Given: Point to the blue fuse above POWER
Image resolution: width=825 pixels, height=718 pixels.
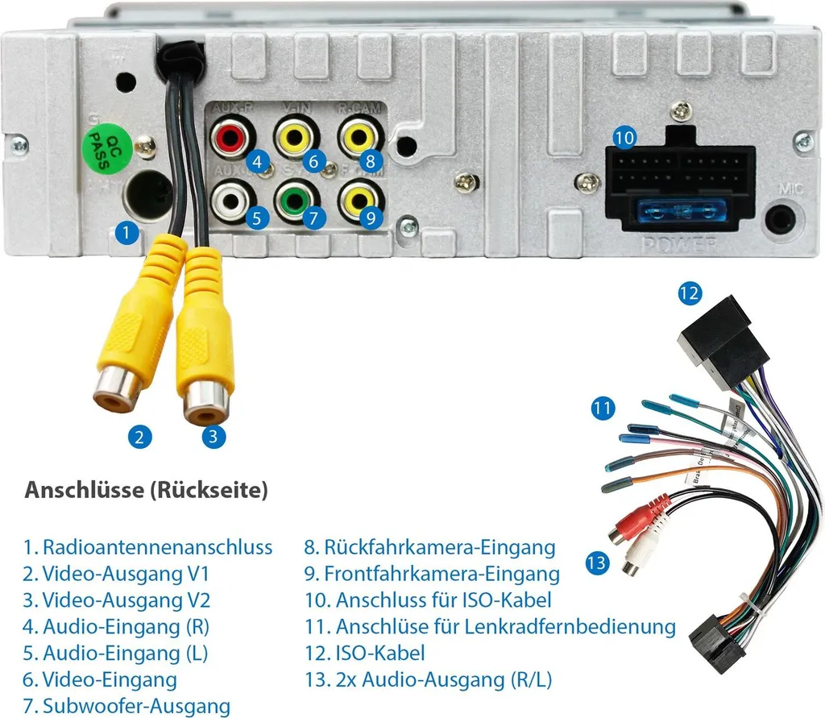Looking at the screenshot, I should pyautogui.click(x=680, y=213).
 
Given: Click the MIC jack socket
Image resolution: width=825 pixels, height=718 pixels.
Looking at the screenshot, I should pyautogui.click(x=781, y=218).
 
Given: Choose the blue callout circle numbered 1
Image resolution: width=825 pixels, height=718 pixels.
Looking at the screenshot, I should pyautogui.click(x=125, y=234).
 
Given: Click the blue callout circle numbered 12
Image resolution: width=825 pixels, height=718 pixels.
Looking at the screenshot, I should pyautogui.click(x=690, y=293).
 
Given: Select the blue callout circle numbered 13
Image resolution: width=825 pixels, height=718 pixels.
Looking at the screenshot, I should pyautogui.click(x=597, y=562).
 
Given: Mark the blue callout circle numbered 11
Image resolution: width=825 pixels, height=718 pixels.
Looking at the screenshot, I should pyautogui.click(x=602, y=408).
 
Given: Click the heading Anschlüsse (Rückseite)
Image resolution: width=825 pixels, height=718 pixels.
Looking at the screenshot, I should pyautogui.click(x=146, y=490).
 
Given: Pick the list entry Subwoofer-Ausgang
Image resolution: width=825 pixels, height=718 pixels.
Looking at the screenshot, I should pyautogui.click(x=136, y=707).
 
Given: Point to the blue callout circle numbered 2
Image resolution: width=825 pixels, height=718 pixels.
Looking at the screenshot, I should pyautogui.click(x=139, y=437).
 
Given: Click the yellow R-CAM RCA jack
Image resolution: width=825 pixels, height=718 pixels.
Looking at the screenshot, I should pyautogui.click(x=359, y=136).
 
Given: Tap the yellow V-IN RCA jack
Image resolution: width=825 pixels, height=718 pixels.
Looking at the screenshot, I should pyautogui.click(x=294, y=136).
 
